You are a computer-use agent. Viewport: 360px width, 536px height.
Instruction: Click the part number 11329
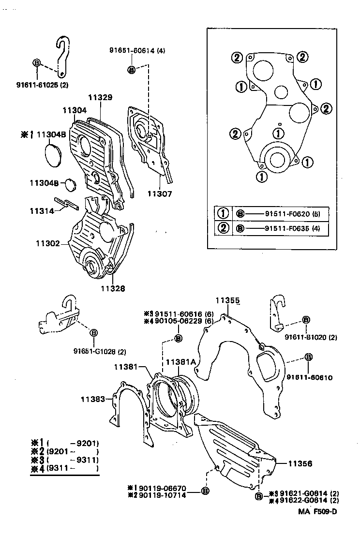pyautogui.click(x=101, y=97)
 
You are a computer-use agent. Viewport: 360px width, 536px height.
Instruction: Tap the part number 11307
pyautogui.click(x=160, y=194)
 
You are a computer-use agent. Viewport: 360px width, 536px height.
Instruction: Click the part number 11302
pyautogui.click(x=47, y=243)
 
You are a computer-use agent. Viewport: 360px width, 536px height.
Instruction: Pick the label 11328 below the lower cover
pyautogui.click(x=112, y=288)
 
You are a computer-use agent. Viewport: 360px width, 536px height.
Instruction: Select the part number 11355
pyautogui.click(x=227, y=300)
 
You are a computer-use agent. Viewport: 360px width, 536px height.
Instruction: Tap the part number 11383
pyautogui.click(x=92, y=399)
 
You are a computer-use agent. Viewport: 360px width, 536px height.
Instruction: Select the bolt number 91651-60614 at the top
pyautogui.click(x=133, y=50)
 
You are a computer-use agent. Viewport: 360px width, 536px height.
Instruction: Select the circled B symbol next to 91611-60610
pyautogui.click(x=308, y=357)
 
